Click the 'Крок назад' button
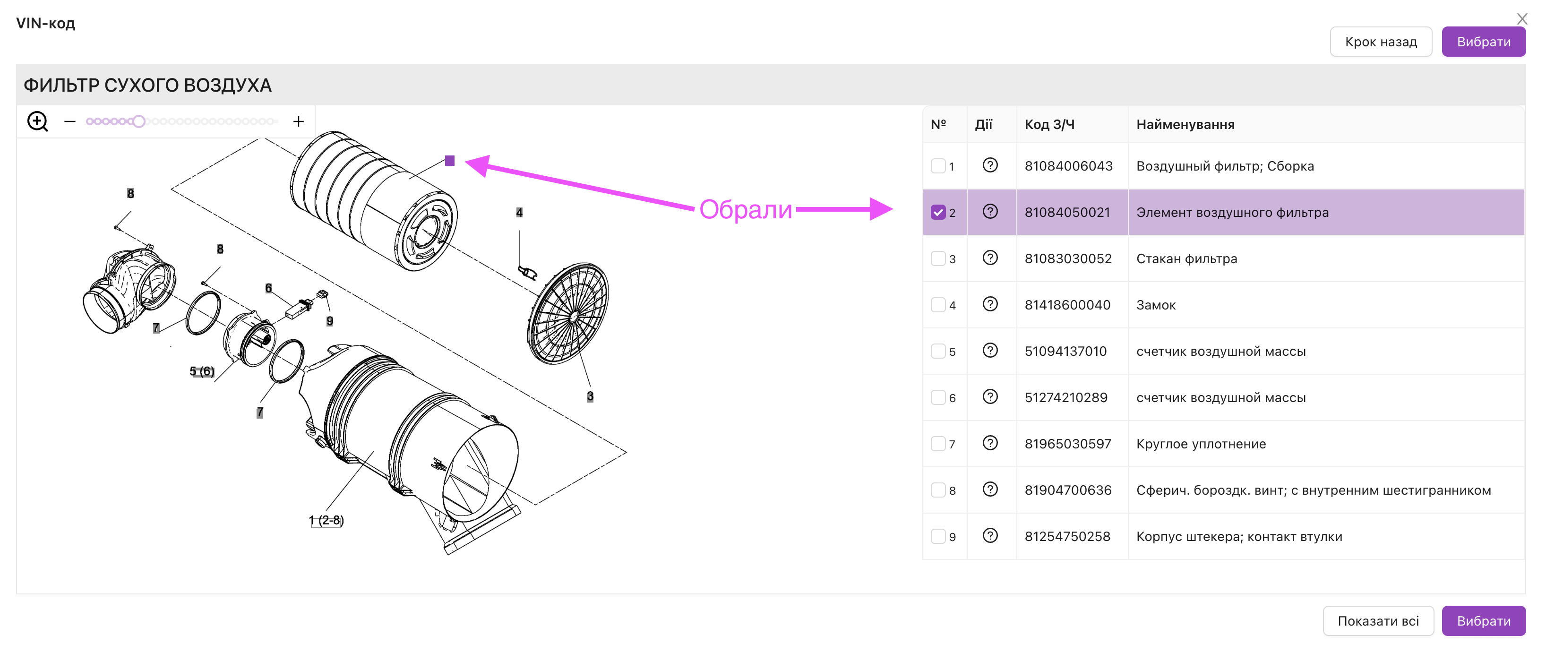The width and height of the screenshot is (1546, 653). [x=1380, y=42]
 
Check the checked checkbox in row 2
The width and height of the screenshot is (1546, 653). [x=938, y=213]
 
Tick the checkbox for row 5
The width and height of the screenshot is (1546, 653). [x=938, y=351]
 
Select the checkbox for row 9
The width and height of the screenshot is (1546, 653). [x=938, y=536]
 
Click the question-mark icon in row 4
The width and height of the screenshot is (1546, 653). [x=990, y=304]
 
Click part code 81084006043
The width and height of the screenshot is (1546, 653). [x=1068, y=166]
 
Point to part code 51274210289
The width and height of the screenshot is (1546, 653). [x=1066, y=398]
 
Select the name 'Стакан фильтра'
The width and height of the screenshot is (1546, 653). [x=1186, y=258]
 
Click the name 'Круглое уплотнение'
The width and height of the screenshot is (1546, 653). [x=1201, y=444]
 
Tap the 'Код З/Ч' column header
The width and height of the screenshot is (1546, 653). [x=1049, y=125]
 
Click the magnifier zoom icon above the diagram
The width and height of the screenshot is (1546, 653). [x=38, y=122]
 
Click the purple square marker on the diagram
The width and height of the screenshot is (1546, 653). [x=449, y=161]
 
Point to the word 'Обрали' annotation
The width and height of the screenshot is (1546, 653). [x=746, y=209]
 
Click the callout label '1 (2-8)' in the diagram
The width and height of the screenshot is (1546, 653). [x=326, y=520]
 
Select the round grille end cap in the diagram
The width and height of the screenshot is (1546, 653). [x=568, y=313]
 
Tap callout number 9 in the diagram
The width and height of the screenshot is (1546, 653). [x=329, y=321]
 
